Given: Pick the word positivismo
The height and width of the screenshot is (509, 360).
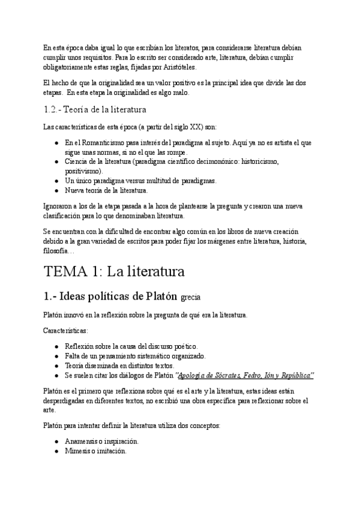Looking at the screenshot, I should pos(83,171).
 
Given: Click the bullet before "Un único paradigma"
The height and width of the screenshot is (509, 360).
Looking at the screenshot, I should pos(56,181).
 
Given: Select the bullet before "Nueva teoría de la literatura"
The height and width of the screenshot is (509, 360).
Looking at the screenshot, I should pos(56,190).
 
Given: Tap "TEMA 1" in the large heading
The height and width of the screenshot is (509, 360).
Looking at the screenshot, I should pos(70,272).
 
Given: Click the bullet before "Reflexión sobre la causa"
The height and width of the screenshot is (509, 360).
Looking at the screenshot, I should pos(56,346).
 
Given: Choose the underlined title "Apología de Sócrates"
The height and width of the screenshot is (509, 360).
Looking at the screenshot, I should pos(207,375).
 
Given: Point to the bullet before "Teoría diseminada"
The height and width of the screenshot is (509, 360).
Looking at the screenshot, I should pos(56,366).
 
